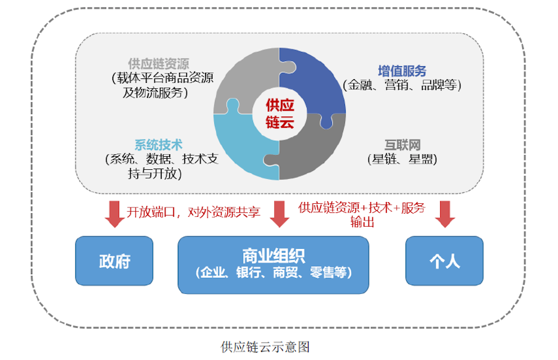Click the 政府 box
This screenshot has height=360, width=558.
114,261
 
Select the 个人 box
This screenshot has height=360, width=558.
444,261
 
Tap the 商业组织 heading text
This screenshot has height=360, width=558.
273,256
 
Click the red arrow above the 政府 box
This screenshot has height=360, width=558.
115,214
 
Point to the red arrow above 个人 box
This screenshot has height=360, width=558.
445,214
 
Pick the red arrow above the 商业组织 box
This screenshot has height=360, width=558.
280,214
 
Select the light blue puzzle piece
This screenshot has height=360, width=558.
242,146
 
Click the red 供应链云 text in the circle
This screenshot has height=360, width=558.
280,114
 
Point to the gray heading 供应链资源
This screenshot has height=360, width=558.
159,64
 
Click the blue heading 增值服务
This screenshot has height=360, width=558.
402,71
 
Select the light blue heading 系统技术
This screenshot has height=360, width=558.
159,144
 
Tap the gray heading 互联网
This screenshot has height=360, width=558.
402,144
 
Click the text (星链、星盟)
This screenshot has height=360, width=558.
402,159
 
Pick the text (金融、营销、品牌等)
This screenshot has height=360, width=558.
402,85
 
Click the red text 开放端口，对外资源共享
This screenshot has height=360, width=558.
194,212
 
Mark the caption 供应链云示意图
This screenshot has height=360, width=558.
265,346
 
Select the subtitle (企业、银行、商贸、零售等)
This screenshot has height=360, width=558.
273,272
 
